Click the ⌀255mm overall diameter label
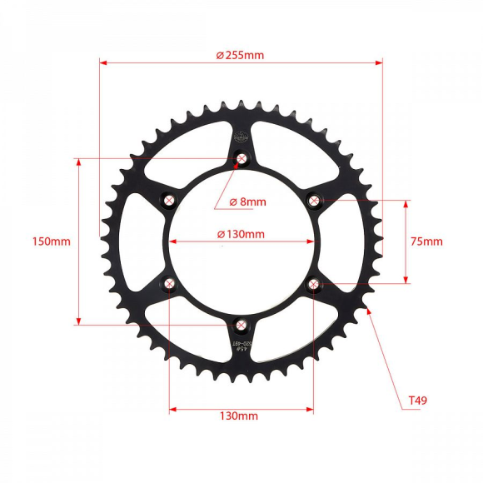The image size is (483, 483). pyautogui.click(x=240, y=55)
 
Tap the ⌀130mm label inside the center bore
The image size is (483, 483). pyautogui.click(x=241, y=234)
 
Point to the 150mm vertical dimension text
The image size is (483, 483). pyautogui.click(x=51, y=242)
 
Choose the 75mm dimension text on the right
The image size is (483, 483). pyautogui.click(x=427, y=242)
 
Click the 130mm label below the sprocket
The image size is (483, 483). pyautogui.click(x=240, y=416)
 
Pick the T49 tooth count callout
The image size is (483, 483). pyautogui.click(x=418, y=401)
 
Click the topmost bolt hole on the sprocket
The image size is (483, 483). pyautogui.click(x=242, y=158)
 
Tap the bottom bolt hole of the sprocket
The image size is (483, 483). pyautogui.click(x=242, y=326)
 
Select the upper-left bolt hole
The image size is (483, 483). pyautogui.click(x=170, y=200)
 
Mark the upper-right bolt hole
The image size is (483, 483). pyautogui.click(x=314, y=200)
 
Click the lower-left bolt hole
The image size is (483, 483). pyautogui.click(x=170, y=285)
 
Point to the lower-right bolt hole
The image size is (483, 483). pyautogui.click(x=314, y=285)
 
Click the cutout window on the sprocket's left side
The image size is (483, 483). pyautogui.click(x=139, y=242)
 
